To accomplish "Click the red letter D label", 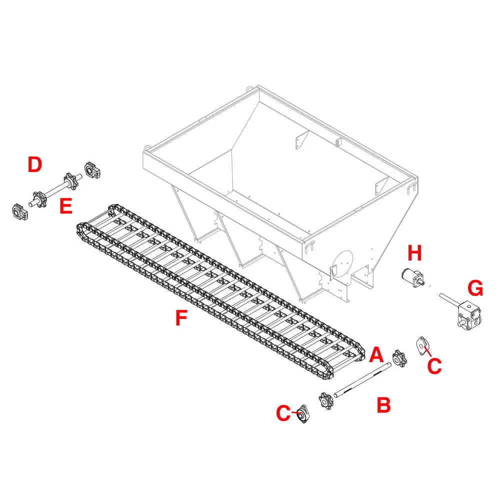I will pos(34,164).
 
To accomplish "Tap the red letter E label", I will pos(66,206).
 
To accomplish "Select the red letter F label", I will pos(181,318).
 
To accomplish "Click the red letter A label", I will pos(376,355).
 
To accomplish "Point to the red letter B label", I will pos(383,405).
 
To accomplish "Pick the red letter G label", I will pos(475,288).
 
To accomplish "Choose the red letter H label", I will pos(414,253).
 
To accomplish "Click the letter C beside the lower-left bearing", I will pos(283,413).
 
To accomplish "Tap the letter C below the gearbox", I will pos(434,365).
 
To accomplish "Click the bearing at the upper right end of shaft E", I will pos(94,169).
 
